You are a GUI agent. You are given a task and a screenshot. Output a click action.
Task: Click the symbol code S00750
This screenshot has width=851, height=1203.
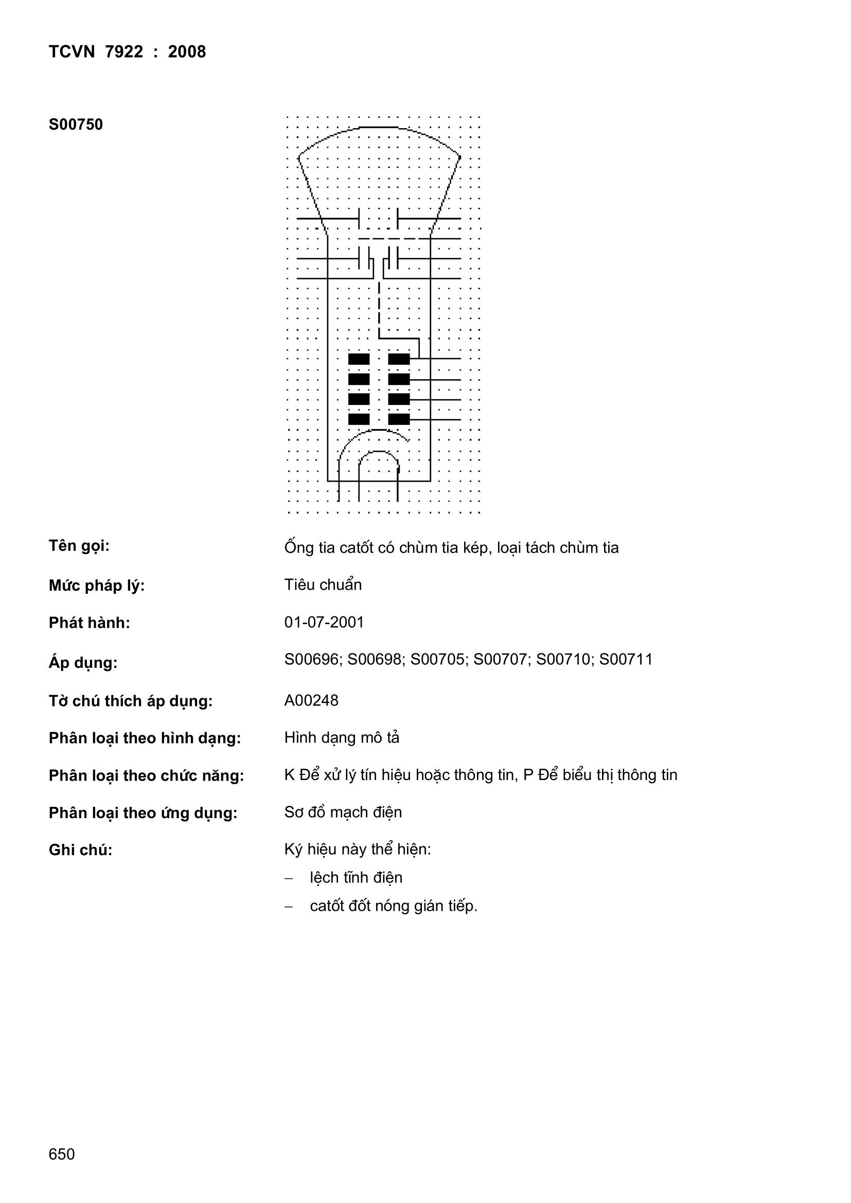tap(76, 125)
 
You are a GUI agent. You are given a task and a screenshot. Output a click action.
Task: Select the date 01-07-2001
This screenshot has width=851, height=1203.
tap(324, 622)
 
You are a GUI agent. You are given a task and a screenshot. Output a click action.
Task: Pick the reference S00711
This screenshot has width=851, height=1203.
tap(626, 659)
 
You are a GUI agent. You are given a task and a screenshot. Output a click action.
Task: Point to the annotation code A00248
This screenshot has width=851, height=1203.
tap(311, 700)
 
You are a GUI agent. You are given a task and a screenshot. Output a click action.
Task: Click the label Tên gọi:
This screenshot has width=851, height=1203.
tap(79, 546)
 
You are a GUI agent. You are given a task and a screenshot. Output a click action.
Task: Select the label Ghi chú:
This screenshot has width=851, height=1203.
tap(80, 850)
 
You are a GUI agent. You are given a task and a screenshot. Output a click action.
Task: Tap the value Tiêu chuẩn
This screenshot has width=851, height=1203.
tap(323, 585)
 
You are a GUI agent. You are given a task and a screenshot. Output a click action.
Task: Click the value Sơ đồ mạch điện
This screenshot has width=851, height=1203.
tap(343, 812)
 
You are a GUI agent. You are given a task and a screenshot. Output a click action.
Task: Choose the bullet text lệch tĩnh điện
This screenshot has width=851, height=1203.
tap(356, 878)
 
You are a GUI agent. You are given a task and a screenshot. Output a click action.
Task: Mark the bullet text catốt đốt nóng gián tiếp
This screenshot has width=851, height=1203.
tap(393, 906)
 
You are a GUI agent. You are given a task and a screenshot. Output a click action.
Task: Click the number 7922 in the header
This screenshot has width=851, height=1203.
tap(123, 51)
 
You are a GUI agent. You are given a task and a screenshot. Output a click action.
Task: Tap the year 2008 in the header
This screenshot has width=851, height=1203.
tap(187, 51)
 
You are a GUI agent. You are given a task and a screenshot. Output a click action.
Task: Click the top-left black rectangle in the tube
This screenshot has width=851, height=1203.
tap(359, 359)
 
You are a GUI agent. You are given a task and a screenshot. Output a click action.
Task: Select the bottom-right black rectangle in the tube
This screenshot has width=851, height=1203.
tap(399, 419)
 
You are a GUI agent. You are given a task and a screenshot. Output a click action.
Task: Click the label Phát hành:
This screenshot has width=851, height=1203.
tap(89, 623)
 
